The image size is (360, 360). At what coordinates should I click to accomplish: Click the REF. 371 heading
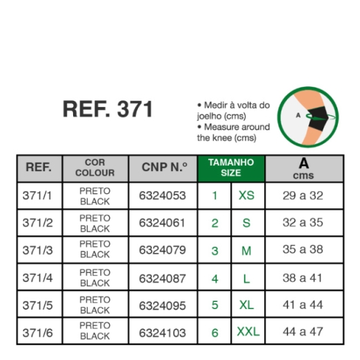[x=108, y=109]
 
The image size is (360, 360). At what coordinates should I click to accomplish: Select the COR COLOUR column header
[x=95, y=168]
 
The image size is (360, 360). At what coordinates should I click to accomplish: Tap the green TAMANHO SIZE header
[x=231, y=168]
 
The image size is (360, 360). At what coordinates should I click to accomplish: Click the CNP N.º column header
[x=164, y=167]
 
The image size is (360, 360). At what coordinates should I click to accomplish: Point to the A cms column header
[x=303, y=168]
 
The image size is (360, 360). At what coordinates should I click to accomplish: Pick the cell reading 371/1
[x=37, y=196]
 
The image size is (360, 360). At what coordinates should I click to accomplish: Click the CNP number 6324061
[x=162, y=223]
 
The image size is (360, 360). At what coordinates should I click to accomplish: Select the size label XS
[x=246, y=196]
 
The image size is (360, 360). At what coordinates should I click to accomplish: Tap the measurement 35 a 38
[x=303, y=250]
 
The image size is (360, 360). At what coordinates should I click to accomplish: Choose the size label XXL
[x=248, y=332]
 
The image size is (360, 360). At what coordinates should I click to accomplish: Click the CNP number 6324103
[x=162, y=333]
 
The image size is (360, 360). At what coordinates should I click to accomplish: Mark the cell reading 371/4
[x=37, y=278]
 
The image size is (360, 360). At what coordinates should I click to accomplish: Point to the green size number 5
[x=215, y=305]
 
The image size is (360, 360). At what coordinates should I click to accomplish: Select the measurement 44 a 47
[x=303, y=332]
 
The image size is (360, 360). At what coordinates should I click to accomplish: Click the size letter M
[x=246, y=251]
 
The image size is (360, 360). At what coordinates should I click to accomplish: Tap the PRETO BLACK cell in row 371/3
[x=95, y=249]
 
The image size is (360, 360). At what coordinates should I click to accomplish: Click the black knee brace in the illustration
[x=317, y=119]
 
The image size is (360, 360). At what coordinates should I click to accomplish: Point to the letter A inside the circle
[x=298, y=115]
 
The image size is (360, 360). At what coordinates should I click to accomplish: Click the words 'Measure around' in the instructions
[x=237, y=127]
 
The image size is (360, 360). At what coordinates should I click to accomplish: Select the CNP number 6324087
[x=162, y=279]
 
